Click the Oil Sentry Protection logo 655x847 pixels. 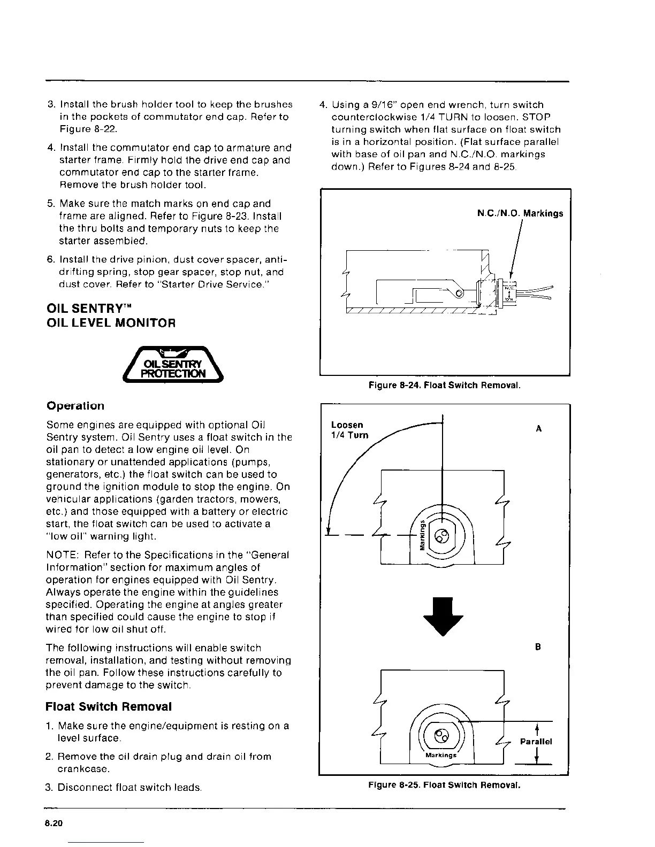(173, 364)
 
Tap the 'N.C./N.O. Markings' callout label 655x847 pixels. (520, 213)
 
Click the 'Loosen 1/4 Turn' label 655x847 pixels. (350, 429)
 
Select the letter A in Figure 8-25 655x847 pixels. (538, 428)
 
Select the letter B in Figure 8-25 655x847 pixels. (538, 646)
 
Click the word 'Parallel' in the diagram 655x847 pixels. (536, 742)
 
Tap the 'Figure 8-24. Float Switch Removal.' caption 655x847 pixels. (445, 385)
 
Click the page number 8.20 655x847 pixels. (54, 823)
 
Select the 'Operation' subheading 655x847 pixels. (75, 405)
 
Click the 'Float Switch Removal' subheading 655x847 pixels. (109, 706)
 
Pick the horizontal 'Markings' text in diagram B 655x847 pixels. (441, 755)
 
